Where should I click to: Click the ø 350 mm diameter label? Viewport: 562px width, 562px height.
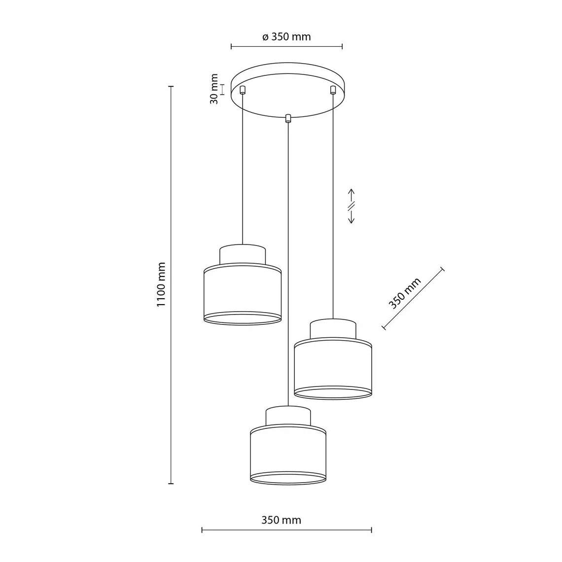click(x=286, y=36)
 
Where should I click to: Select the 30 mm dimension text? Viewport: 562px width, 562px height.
click(x=214, y=89)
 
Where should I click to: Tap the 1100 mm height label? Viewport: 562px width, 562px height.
click(x=161, y=284)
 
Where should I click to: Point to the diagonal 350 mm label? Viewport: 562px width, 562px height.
click(x=405, y=293)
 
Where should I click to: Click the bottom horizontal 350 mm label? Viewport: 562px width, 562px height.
click(x=281, y=520)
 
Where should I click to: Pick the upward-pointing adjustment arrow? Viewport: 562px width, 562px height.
click(x=351, y=196)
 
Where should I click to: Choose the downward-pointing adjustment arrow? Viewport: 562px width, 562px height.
click(x=351, y=217)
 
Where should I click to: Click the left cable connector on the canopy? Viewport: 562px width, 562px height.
click(x=243, y=90)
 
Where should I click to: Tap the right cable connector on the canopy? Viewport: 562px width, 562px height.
click(x=333, y=90)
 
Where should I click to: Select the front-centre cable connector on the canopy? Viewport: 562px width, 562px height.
click(x=287, y=118)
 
